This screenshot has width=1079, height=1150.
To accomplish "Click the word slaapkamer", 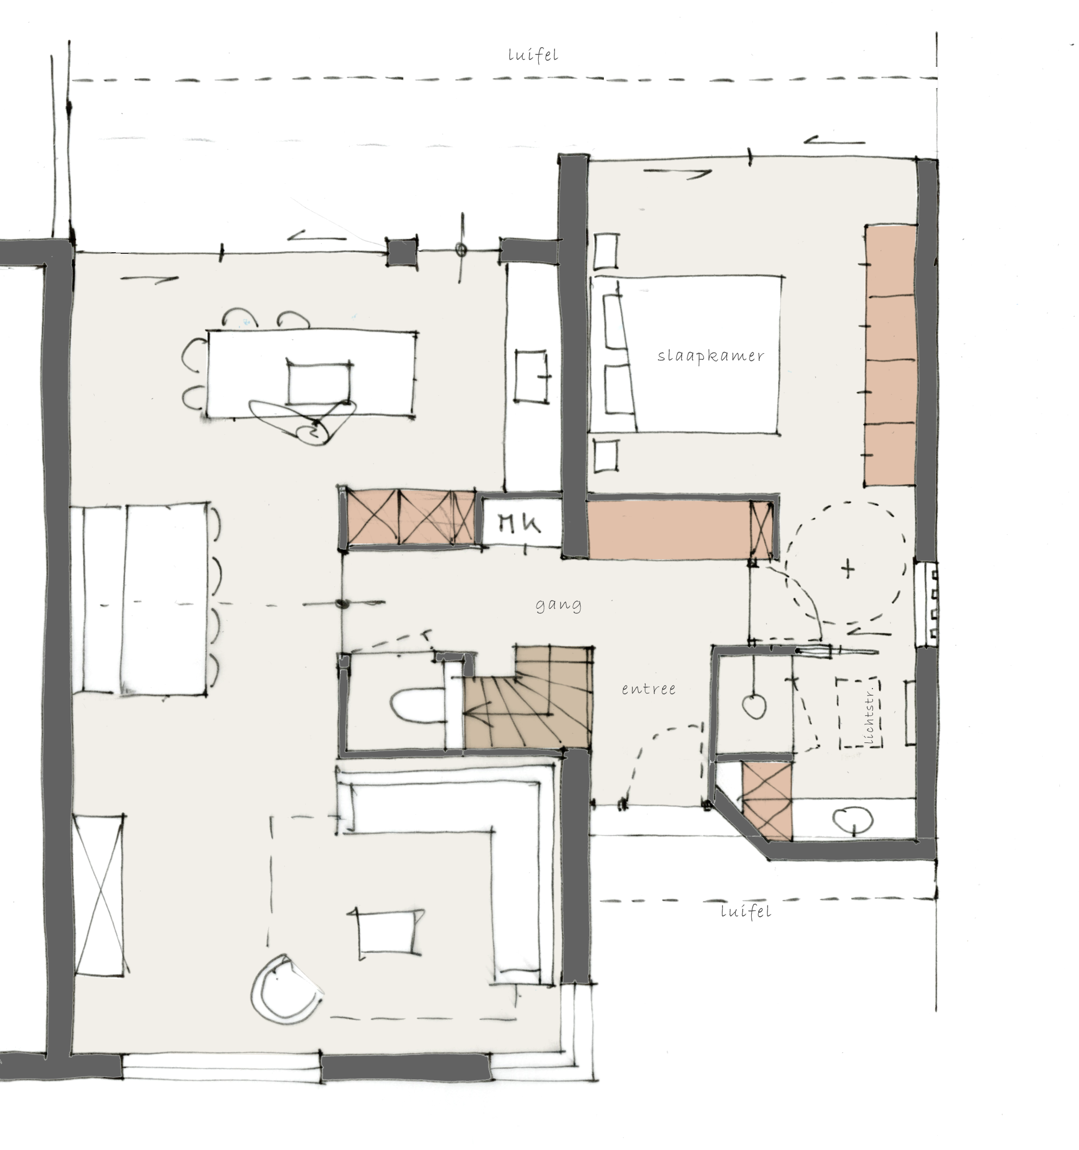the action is pyautogui.click(x=710, y=356).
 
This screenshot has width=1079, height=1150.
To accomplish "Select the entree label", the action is pyautogui.click(x=648, y=689).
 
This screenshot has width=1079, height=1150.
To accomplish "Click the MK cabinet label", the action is pyautogui.click(x=520, y=524).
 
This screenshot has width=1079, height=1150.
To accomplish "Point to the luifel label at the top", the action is pyautogui.click(x=533, y=55).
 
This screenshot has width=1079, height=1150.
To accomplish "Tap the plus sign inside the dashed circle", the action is pyautogui.click(x=847, y=569).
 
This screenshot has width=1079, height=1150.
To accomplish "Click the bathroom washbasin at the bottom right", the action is pyautogui.click(x=853, y=820).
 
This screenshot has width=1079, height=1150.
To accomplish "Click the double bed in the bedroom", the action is pyautogui.click(x=684, y=354).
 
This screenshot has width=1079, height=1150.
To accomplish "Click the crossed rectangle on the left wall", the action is pyautogui.click(x=99, y=895).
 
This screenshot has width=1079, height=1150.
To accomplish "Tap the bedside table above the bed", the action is pyautogui.click(x=606, y=251).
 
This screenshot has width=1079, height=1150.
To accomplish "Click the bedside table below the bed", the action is pyautogui.click(x=606, y=457).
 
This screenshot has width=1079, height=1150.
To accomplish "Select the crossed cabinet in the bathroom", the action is pyautogui.click(x=766, y=801).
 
